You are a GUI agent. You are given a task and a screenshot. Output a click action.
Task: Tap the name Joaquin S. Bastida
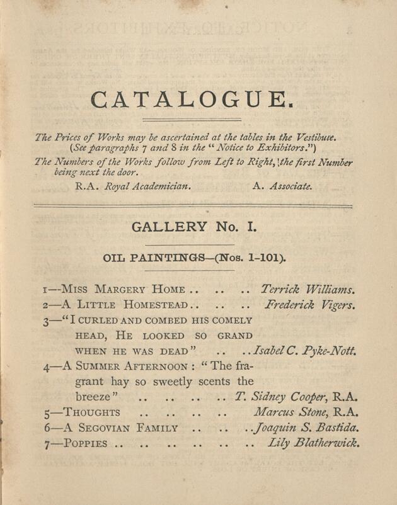306,428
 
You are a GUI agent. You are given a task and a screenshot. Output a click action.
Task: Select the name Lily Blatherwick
313,443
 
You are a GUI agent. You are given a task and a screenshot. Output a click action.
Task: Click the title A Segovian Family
120,428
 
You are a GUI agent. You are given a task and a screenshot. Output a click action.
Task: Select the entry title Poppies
86,444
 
